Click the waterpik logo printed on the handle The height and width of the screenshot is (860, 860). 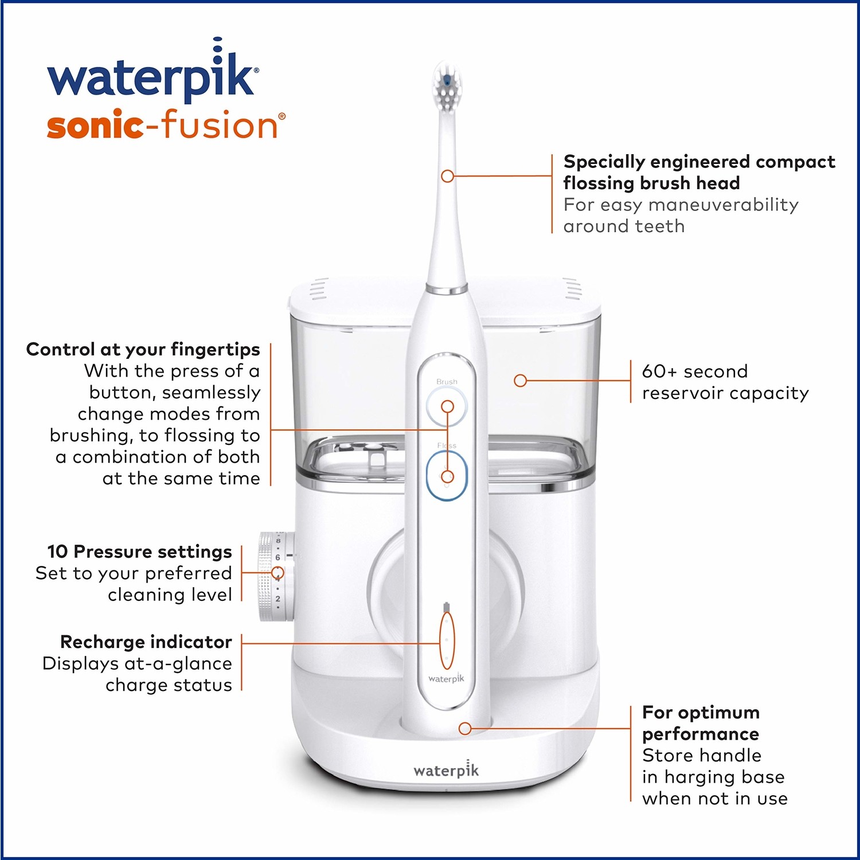click(x=446, y=678)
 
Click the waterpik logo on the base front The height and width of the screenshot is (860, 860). click(x=446, y=770)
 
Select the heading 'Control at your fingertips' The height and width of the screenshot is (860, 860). click(x=143, y=349)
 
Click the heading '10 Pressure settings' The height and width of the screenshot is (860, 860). click(x=139, y=552)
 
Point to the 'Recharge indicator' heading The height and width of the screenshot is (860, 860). click(x=146, y=642)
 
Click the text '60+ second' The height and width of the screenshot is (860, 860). click(x=694, y=371)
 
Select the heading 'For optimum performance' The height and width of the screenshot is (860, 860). click(x=701, y=723)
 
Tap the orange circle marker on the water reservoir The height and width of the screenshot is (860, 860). click(x=520, y=380)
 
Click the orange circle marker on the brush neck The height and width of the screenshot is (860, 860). click(x=447, y=176)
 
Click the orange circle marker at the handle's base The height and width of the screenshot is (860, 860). click(x=465, y=728)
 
